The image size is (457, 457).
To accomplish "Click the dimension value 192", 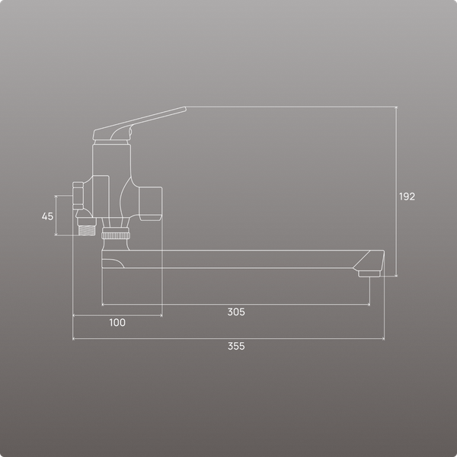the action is point(407,197).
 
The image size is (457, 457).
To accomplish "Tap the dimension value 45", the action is point(47,216).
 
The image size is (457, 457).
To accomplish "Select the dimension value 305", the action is point(236,312).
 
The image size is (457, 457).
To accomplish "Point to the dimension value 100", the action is point(117,322).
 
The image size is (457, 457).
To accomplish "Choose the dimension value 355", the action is point(236,347).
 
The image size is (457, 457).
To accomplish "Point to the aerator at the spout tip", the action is point(369,273).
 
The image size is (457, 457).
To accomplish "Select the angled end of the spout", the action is point(369,260).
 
